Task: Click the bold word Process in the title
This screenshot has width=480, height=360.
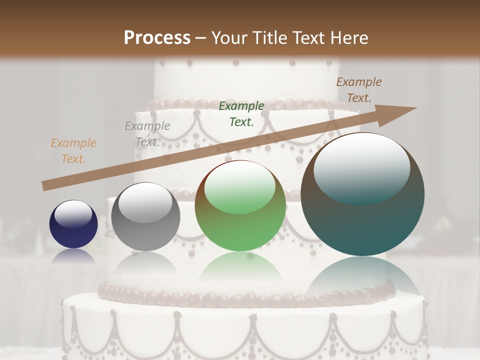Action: point(157,38)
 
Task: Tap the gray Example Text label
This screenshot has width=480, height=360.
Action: point(147,133)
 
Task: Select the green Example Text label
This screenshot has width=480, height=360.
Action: point(241,113)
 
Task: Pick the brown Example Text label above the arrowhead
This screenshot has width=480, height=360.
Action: point(358,89)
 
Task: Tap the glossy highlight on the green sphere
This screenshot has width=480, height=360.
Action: point(240,187)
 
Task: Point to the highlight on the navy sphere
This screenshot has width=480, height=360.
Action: point(73,213)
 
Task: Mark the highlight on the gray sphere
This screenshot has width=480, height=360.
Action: point(145,203)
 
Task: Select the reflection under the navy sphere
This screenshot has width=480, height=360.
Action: point(73,256)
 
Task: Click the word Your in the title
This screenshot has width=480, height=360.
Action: point(227,38)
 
